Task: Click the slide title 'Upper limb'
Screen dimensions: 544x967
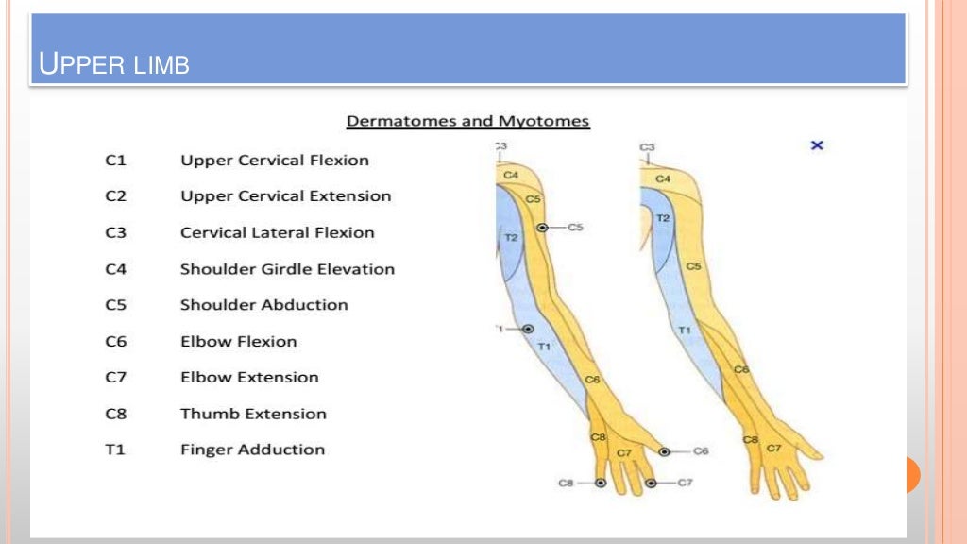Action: [x=114, y=65]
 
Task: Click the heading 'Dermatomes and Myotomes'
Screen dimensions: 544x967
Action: [x=468, y=121]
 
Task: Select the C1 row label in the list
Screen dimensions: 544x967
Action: [x=115, y=161]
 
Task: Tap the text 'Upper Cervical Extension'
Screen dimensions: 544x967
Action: [x=285, y=196]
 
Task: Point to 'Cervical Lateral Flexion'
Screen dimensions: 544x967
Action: [x=277, y=232]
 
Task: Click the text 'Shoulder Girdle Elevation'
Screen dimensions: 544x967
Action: [x=287, y=269]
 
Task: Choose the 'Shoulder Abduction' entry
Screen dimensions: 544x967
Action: [x=263, y=305]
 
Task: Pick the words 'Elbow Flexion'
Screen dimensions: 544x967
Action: [x=238, y=341]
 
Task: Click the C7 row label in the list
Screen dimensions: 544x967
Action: [x=115, y=378]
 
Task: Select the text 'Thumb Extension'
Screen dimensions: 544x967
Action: [x=253, y=414]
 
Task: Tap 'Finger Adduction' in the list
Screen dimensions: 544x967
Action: [x=252, y=450]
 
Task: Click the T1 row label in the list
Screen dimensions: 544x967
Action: [x=115, y=450]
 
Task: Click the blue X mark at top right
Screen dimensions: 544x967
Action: [x=818, y=145]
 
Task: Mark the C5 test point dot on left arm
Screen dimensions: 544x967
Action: [x=542, y=228]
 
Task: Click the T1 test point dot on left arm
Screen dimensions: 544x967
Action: [x=528, y=329]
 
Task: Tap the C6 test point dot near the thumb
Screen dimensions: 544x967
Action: [x=665, y=452]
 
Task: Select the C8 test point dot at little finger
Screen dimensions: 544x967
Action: [x=600, y=483]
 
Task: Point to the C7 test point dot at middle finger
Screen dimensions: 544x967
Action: [x=652, y=483]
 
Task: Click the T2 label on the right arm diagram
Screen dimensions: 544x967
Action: [x=663, y=218]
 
